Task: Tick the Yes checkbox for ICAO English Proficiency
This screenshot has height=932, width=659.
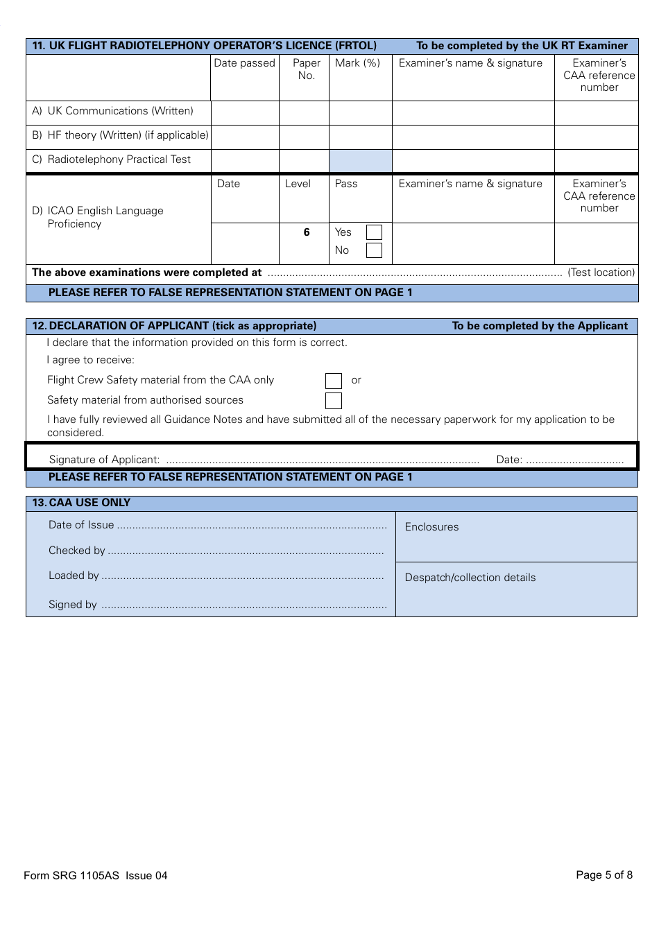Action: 374,232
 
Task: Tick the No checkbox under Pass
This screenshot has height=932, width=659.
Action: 374,250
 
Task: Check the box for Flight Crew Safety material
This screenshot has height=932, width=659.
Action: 334,381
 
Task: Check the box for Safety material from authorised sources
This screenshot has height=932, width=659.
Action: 334,401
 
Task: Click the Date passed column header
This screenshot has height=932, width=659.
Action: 245,63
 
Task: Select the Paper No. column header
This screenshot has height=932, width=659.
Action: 307,69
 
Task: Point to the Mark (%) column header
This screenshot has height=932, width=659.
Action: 357,63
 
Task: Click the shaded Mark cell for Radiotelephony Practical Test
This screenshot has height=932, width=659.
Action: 361,161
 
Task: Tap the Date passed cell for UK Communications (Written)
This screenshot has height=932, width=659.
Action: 245,112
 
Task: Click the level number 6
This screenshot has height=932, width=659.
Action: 307,232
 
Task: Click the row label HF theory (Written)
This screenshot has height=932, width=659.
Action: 120,135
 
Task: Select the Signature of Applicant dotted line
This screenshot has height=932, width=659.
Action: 323,460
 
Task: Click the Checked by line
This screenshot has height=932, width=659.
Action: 246,551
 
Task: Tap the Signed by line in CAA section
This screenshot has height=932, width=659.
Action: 243,605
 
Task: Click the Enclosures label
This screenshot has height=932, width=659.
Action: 431,527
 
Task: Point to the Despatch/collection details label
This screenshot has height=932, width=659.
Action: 470,578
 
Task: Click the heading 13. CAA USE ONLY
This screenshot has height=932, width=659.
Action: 81,503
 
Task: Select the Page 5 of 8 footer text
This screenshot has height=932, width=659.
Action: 604,875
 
